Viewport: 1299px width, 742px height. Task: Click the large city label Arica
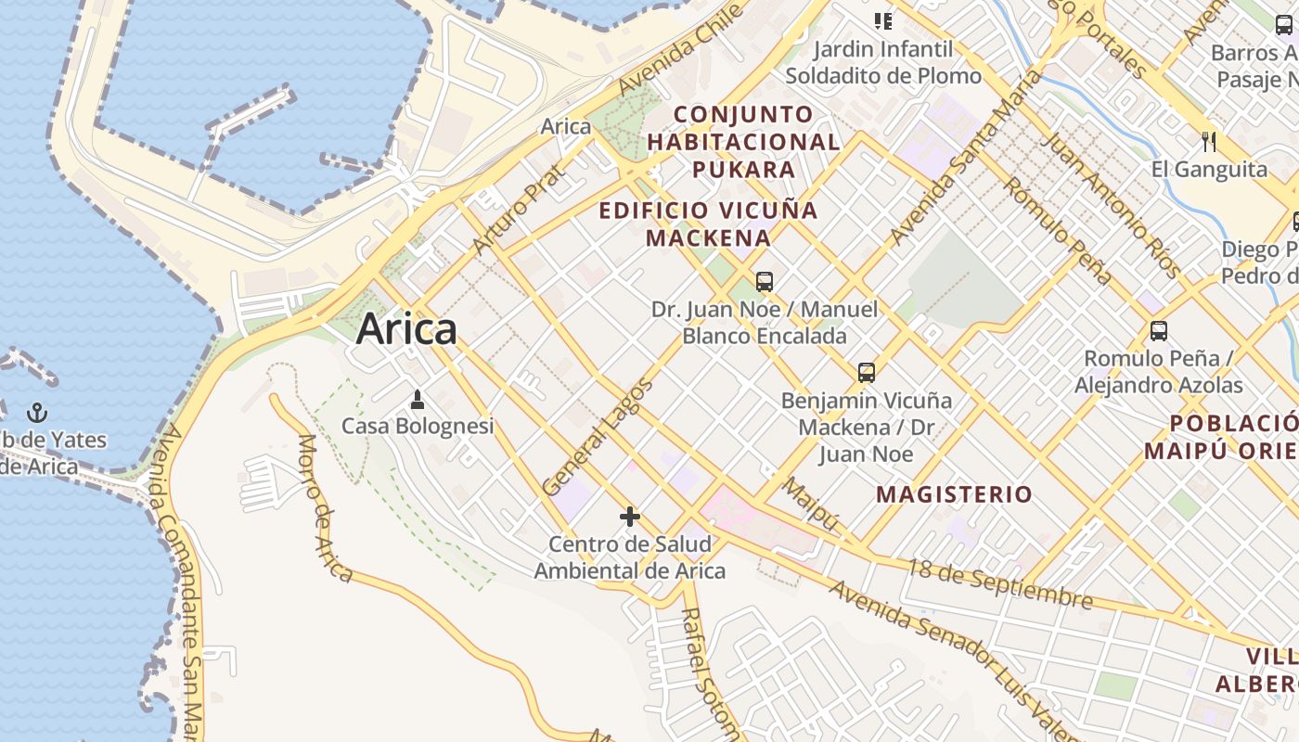pos(406,329)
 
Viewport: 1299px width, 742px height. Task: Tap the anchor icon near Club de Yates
pos(37,413)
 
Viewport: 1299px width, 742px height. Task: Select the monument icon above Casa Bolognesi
pos(418,400)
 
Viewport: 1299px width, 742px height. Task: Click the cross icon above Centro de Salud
pos(630,517)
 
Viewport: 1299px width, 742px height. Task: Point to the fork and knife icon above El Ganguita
pos(1208,142)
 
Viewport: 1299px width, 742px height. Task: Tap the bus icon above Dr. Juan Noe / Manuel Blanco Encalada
pos(765,282)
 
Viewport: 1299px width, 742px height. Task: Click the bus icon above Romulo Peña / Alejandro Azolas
pos(1158,331)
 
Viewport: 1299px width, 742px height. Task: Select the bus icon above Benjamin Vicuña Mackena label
pos(866,373)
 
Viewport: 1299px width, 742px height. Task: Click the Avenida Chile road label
pos(681,47)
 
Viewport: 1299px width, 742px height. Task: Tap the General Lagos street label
pos(598,437)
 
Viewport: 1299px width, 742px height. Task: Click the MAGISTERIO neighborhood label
pos(954,494)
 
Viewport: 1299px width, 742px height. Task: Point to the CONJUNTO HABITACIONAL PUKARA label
pos(743,142)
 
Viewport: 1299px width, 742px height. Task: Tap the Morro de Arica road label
pos(325,507)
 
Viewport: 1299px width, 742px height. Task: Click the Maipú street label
pos(811,506)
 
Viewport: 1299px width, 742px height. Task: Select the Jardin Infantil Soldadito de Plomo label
pos(882,62)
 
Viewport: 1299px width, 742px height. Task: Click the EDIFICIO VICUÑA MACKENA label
pos(709,224)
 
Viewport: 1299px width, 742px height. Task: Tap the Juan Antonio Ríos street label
pos(1112,205)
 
